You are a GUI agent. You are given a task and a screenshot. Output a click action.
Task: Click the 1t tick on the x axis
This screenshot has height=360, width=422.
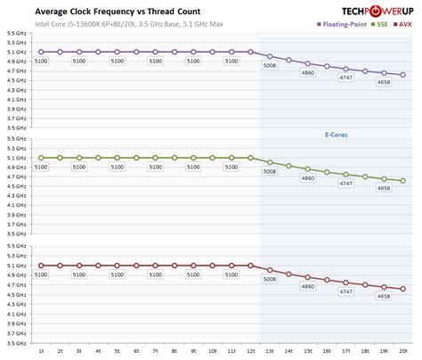pos(41,352)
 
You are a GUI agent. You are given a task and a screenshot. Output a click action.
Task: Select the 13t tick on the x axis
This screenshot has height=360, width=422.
pos(270,352)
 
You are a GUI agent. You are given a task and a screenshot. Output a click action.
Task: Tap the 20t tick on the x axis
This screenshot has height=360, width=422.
pos(403,352)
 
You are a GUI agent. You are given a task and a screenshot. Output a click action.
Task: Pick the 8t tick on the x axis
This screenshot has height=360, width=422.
pos(174,352)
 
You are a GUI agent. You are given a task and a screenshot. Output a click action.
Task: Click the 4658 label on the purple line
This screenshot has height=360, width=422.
pos(385,82)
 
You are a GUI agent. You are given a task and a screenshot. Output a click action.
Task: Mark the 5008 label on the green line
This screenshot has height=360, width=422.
pos(270,171)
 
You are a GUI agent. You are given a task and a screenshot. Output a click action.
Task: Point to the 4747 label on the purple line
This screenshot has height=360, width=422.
pos(346,78)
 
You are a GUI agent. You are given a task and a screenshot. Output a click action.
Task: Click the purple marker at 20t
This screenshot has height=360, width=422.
pos(403,75)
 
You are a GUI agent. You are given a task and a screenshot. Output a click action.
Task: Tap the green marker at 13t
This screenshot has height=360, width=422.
pos(270,162)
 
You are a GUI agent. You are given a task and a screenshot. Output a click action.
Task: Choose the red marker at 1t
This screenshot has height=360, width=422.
pos(41,266)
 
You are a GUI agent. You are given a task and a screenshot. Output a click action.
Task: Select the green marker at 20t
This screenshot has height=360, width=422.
pos(403,181)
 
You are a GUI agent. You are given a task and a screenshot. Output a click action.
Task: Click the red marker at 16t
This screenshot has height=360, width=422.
pos(327,281)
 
